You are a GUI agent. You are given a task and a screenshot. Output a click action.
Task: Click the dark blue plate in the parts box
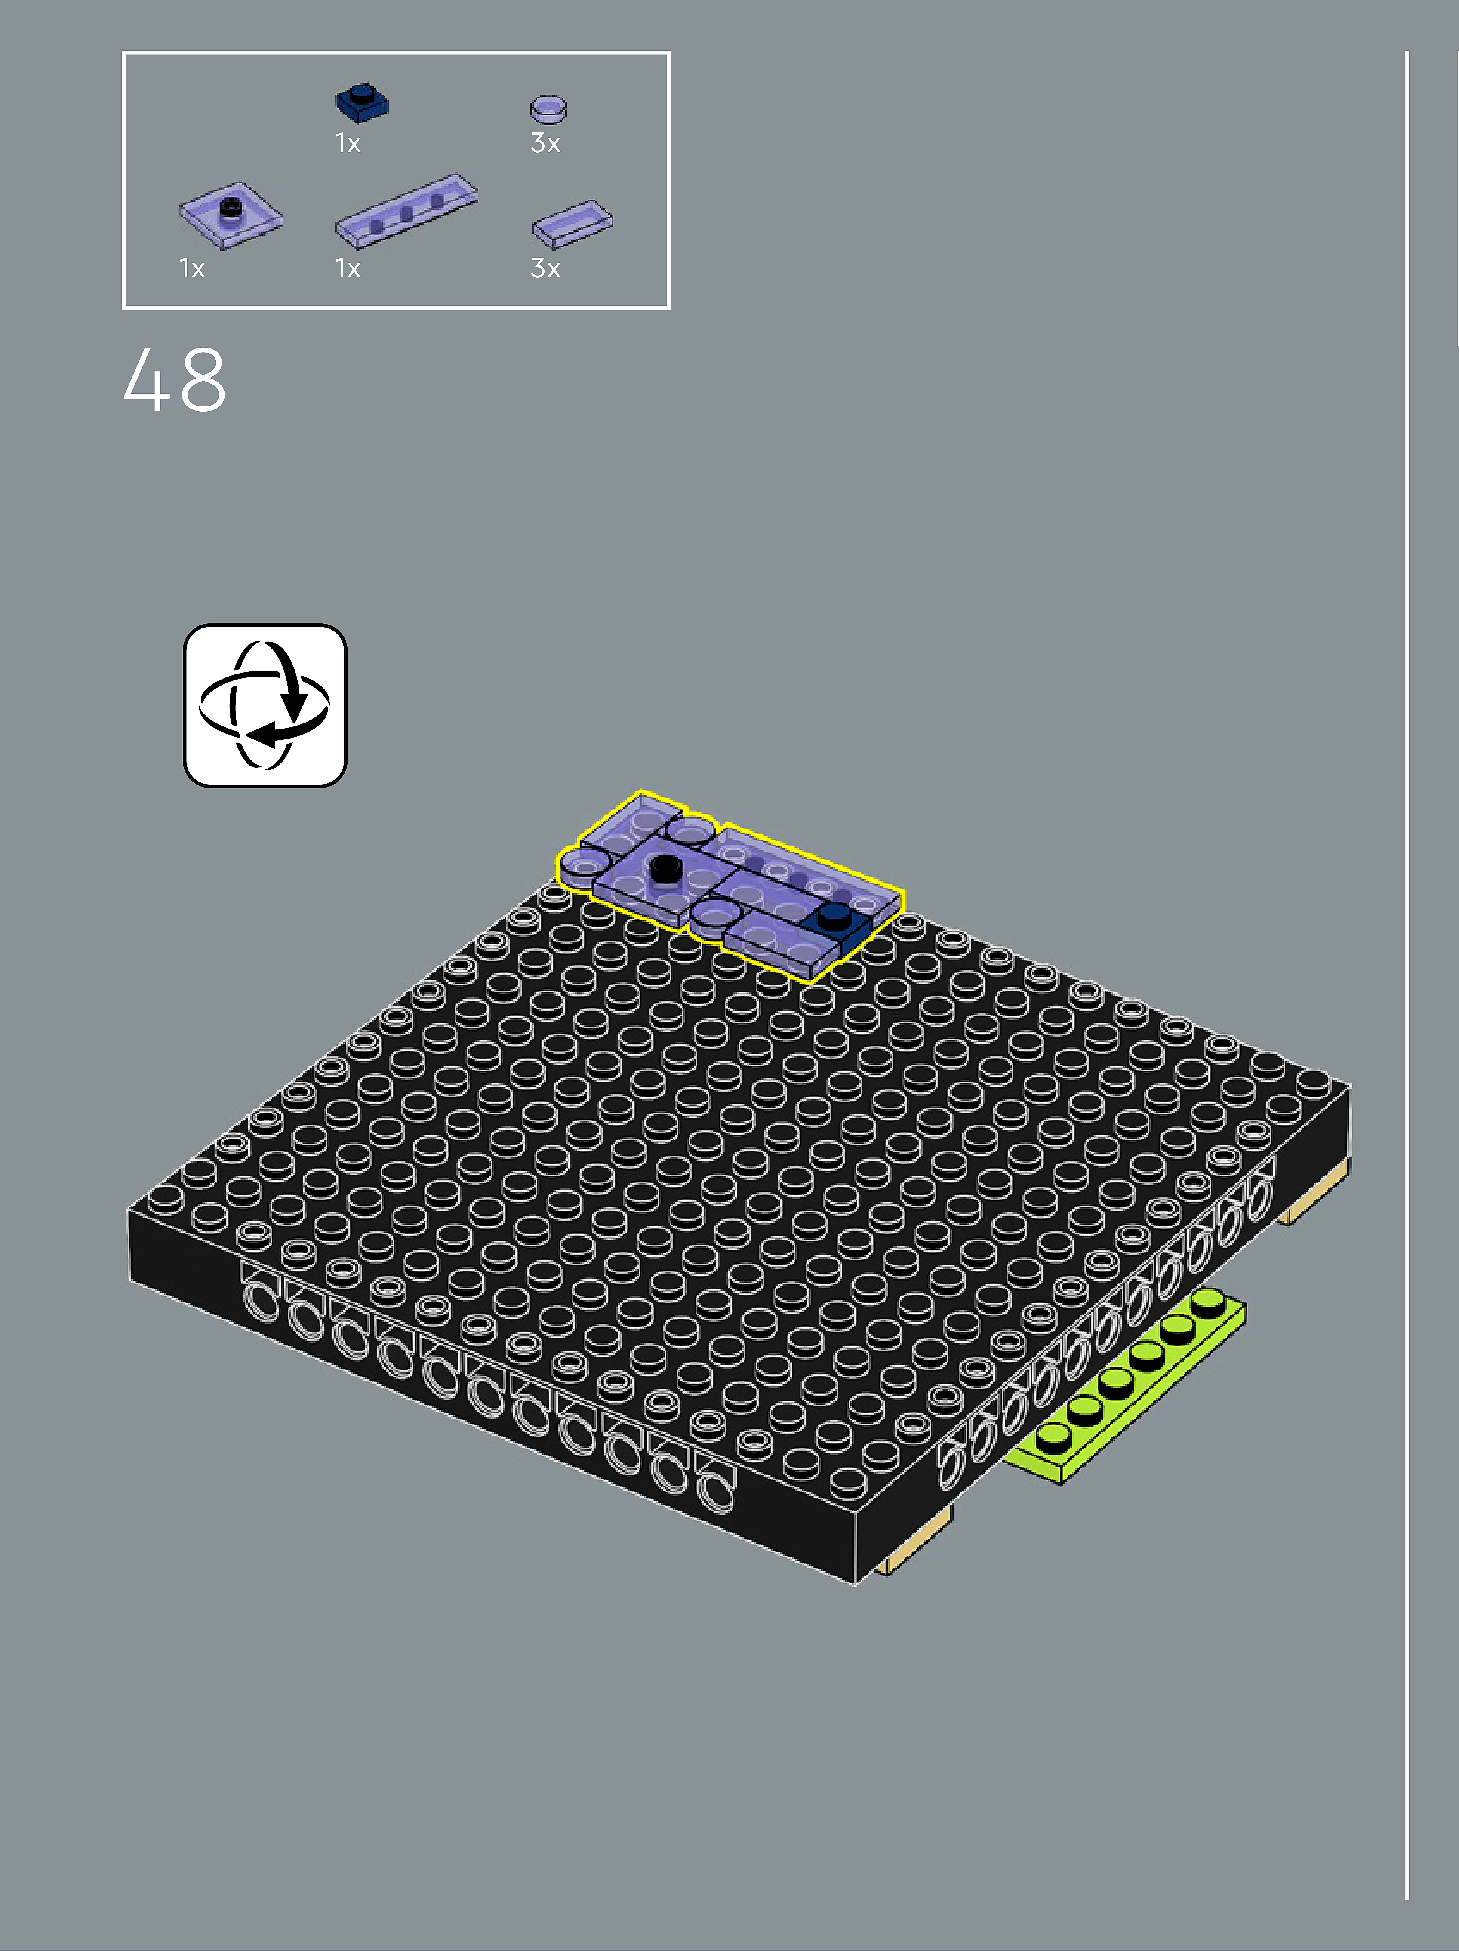tap(362, 103)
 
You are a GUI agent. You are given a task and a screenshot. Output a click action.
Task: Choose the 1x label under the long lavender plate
tap(348, 268)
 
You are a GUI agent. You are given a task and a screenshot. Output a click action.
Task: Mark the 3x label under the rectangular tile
tap(545, 268)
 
